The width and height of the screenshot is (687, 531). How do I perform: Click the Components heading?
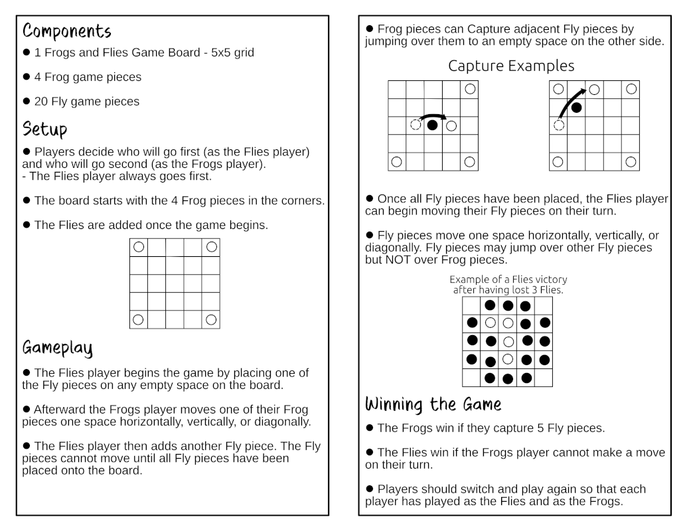click(66, 31)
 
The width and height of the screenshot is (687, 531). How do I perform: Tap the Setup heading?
click(44, 127)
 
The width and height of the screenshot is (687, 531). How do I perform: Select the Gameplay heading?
click(57, 347)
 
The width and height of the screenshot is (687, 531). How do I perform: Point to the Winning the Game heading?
click(433, 404)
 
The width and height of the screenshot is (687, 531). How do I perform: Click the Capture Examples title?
click(511, 66)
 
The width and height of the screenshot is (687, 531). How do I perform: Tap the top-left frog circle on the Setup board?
click(138, 247)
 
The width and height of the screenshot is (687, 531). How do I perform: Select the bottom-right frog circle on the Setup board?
click(211, 320)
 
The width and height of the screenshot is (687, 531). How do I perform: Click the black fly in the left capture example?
click(433, 125)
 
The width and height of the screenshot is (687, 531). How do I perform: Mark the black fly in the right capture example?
click(577, 107)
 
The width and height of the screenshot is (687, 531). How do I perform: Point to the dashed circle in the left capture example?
click(416, 125)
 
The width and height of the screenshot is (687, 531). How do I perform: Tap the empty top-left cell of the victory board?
click(471, 305)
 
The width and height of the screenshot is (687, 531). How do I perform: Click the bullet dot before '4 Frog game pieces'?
click(27, 77)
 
